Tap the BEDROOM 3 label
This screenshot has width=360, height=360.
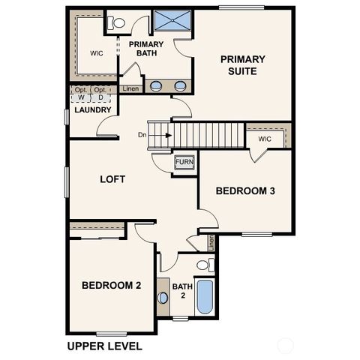click(245, 191)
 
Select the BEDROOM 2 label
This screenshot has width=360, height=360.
click(112, 285)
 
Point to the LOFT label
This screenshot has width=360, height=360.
click(112, 179)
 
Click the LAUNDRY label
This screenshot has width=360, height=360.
click(93, 110)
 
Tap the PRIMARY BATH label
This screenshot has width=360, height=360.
click(146, 49)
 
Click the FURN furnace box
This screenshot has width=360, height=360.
click(184, 162)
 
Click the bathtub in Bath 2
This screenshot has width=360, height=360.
click(204, 297)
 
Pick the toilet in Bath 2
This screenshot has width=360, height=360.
click(204, 265)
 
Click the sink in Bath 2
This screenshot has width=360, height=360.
click(163, 298)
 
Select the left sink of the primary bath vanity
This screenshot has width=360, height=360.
click(156, 85)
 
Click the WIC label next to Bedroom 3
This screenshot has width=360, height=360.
click(264, 139)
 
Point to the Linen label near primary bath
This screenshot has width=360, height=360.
click(130, 88)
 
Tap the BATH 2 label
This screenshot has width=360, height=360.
click(182, 290)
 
